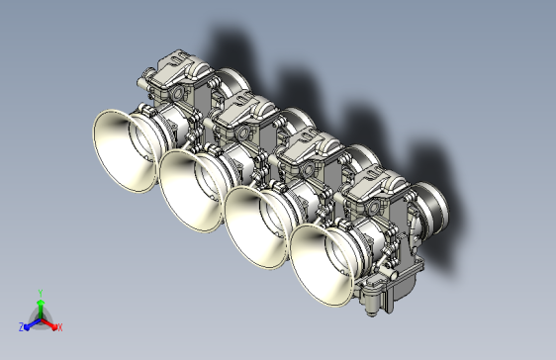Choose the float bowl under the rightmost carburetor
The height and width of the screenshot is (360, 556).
(382, 293)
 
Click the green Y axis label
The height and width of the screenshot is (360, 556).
(40, 293)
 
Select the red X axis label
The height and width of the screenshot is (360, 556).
(59, 326)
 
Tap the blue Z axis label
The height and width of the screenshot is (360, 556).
(22, 326)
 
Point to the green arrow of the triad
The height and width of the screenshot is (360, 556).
(40, 306)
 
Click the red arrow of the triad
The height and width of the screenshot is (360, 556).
(50, 323)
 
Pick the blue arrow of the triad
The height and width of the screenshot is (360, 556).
(31, 323)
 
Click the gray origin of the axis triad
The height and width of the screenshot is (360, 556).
(41, 318)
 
